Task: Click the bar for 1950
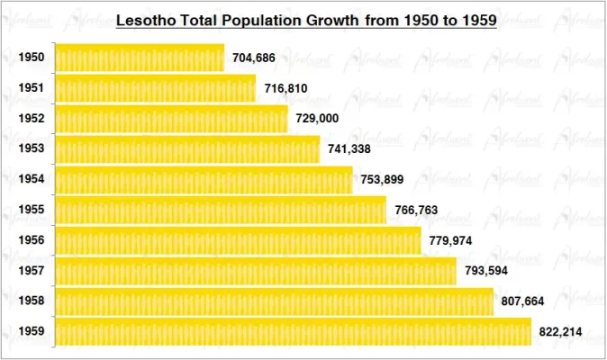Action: pyautogui.click(x=140, y=58)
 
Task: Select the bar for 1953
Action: pyautogui.click(x=187, y=149)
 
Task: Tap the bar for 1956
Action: pyautogui.click(x=238, y=240)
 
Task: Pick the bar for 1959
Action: pyautogui.click(x=294, y=331)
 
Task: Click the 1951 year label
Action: pyautogui.click(x=31, y=88)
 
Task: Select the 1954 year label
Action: pyautogui.click(x=31, y=179)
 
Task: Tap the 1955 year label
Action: pyautogui.click(x=31, y=210)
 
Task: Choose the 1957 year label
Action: pyautogui.click(x=31, y=270)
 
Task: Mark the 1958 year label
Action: pyautogui.click(x=31, y=301)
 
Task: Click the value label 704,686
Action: pyautogui.click(x=254, y=58)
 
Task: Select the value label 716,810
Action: pyautogui.click(x=286, y=89)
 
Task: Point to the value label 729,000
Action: pyautogui.click(x=318, y=119)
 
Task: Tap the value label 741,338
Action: pyautogui.click(x=349, y=149)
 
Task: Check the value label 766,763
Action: pyautogui.click(x=416, y=210)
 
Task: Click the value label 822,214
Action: pyautogui.click(x=560, y=331)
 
